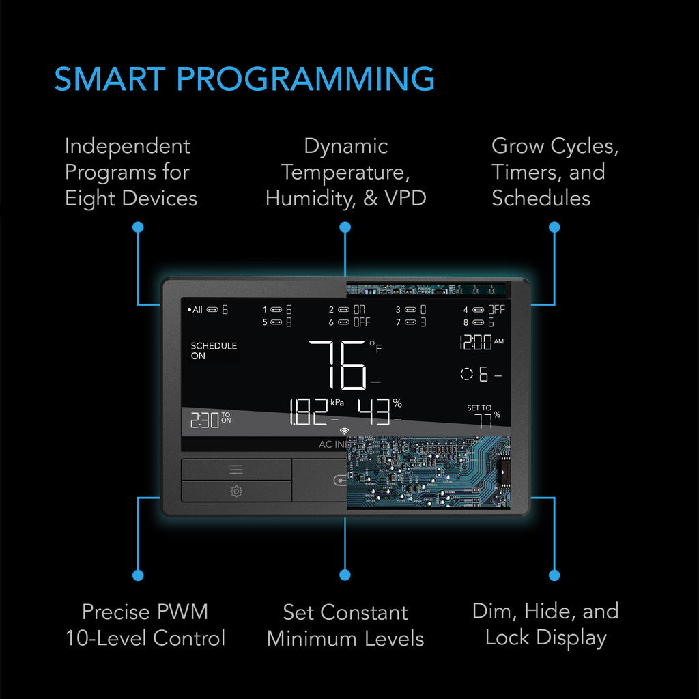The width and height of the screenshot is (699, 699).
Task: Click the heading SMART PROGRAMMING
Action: point(244,79)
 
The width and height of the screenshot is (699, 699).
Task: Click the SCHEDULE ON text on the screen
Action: point(214,351)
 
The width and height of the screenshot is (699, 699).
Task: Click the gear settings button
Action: point(236,491)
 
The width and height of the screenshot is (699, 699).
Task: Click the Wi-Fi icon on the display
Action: point(345,431)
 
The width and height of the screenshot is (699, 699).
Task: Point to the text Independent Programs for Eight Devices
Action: point(130,172)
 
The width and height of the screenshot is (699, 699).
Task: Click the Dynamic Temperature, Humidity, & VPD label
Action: point(345,172)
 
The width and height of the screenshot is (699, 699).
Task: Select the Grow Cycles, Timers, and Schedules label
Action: point(554,172)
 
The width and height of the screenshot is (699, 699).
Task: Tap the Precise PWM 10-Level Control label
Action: point(145,625)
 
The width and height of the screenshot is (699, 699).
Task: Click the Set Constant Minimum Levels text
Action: point(345,625)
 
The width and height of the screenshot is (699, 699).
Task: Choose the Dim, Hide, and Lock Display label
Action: point(545,624)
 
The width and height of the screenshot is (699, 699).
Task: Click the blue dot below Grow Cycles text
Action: point(554,227)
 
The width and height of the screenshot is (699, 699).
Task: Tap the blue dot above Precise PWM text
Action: point(139,575)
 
